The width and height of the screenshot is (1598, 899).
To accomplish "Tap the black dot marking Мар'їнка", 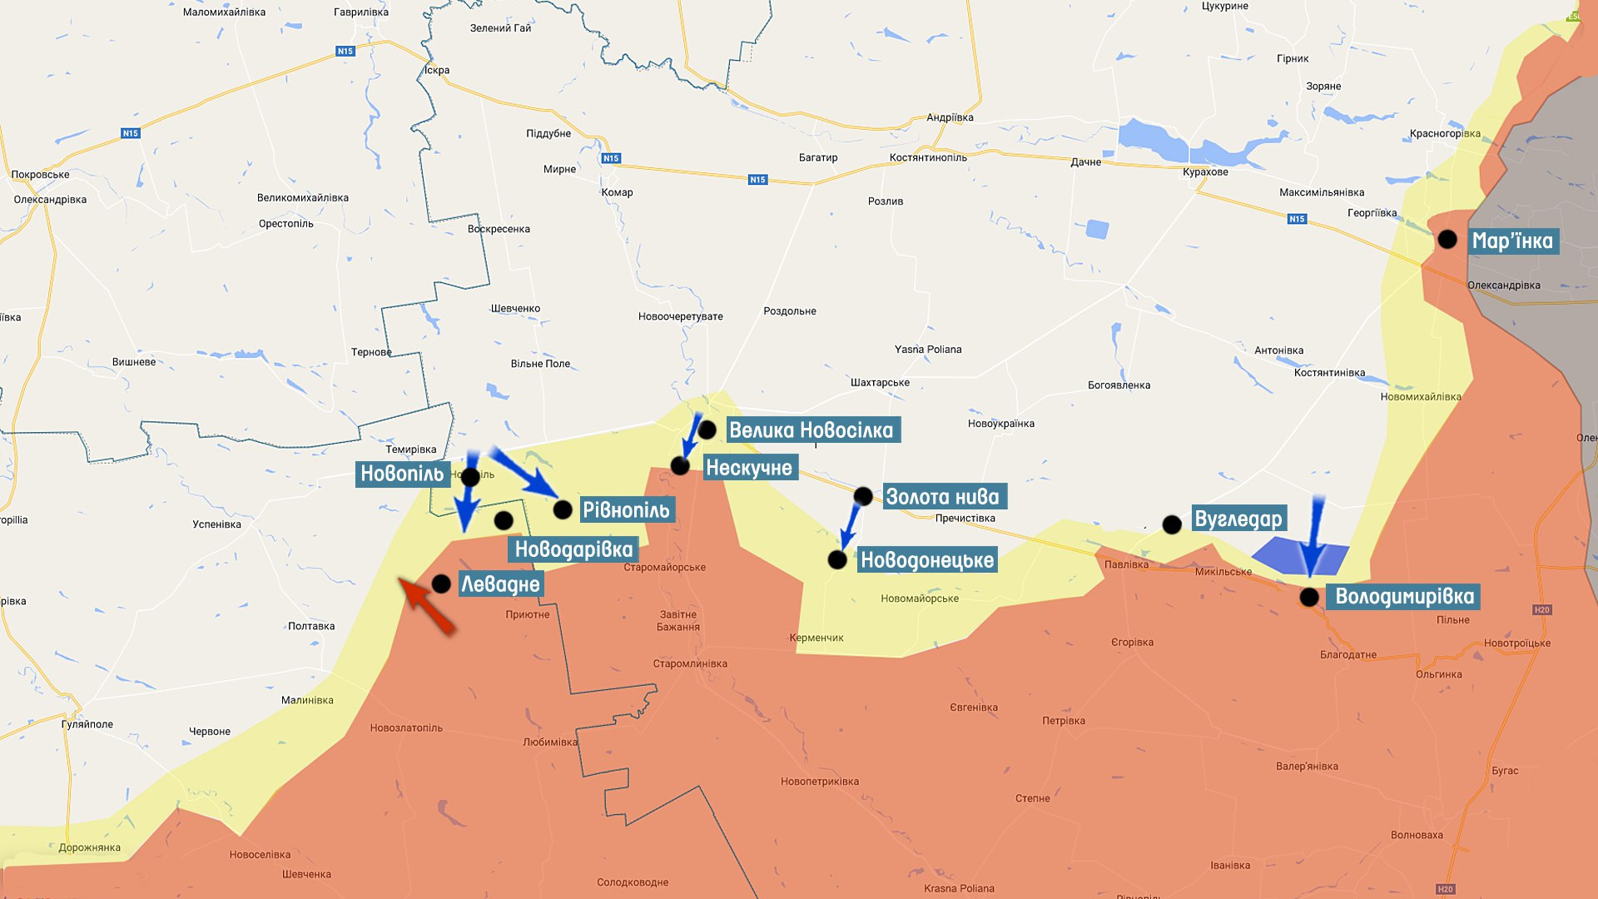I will click(1447, 240).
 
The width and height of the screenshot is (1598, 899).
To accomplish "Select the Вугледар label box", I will click(1238, 519).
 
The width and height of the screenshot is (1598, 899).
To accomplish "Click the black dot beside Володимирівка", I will click(1309, 597).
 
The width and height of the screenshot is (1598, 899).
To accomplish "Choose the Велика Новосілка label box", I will click(811, 430).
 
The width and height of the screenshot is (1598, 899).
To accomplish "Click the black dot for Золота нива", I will click(863, 497).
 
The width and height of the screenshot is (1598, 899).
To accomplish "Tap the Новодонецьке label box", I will click(927, 559).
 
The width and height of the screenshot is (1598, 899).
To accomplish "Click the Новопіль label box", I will click(402, 474).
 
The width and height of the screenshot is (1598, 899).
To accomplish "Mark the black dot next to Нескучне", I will click(680, 466).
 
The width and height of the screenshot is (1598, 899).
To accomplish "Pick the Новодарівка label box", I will click(573, 549).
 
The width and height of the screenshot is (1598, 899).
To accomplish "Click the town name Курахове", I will click(1205, 172).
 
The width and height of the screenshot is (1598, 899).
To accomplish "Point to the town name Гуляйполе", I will click(87, 724).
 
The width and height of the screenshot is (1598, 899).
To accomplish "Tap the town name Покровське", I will click(40, 175).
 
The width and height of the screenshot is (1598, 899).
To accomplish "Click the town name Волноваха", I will click(1417, 835).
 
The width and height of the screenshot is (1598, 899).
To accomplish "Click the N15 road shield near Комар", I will click(611, 158).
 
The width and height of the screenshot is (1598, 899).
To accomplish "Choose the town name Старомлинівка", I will click(690, 663).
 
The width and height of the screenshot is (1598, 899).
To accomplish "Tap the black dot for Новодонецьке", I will click(837, 560).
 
